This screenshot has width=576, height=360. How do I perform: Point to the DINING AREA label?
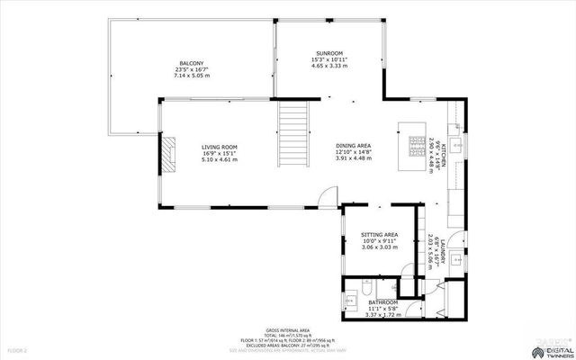tap(354, 147)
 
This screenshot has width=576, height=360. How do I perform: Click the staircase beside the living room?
tap(294, 130)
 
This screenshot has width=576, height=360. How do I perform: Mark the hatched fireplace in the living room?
tap(167, 154)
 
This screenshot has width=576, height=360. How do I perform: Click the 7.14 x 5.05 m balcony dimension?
tap(192, 76)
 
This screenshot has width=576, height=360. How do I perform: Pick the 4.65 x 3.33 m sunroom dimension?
tap(329, 66)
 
